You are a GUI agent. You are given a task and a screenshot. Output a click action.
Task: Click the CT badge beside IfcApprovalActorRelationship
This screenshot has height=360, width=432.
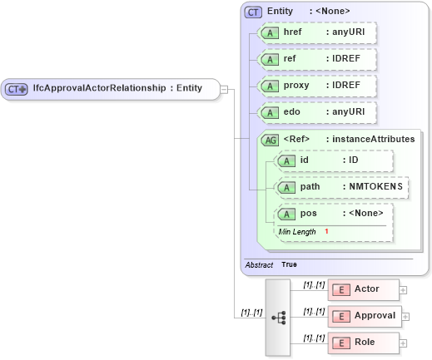(17, 88)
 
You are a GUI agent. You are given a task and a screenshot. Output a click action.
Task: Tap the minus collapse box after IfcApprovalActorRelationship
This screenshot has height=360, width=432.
(224, 88)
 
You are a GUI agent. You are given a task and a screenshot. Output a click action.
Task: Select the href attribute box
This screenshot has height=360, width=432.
(316, 32)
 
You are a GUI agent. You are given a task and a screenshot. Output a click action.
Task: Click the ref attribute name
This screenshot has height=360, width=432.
(291, 60)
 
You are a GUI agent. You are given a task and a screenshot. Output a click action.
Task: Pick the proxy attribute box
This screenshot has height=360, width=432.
(316, 86)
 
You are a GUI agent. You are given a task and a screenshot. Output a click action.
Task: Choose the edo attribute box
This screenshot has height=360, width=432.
(316, 112)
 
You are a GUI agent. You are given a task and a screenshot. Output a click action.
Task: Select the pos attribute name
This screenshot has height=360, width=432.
(308, 214)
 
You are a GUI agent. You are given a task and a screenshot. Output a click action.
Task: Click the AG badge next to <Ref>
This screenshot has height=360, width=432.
(271, 139)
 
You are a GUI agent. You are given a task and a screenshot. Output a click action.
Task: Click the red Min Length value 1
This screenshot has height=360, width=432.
(327, 231)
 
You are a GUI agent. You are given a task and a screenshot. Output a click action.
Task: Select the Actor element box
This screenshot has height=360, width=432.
(363, 289)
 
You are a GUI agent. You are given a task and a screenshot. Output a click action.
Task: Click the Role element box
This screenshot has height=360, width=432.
(363, 342)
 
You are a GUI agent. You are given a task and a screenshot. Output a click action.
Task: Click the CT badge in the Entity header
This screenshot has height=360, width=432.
(253, 12)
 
